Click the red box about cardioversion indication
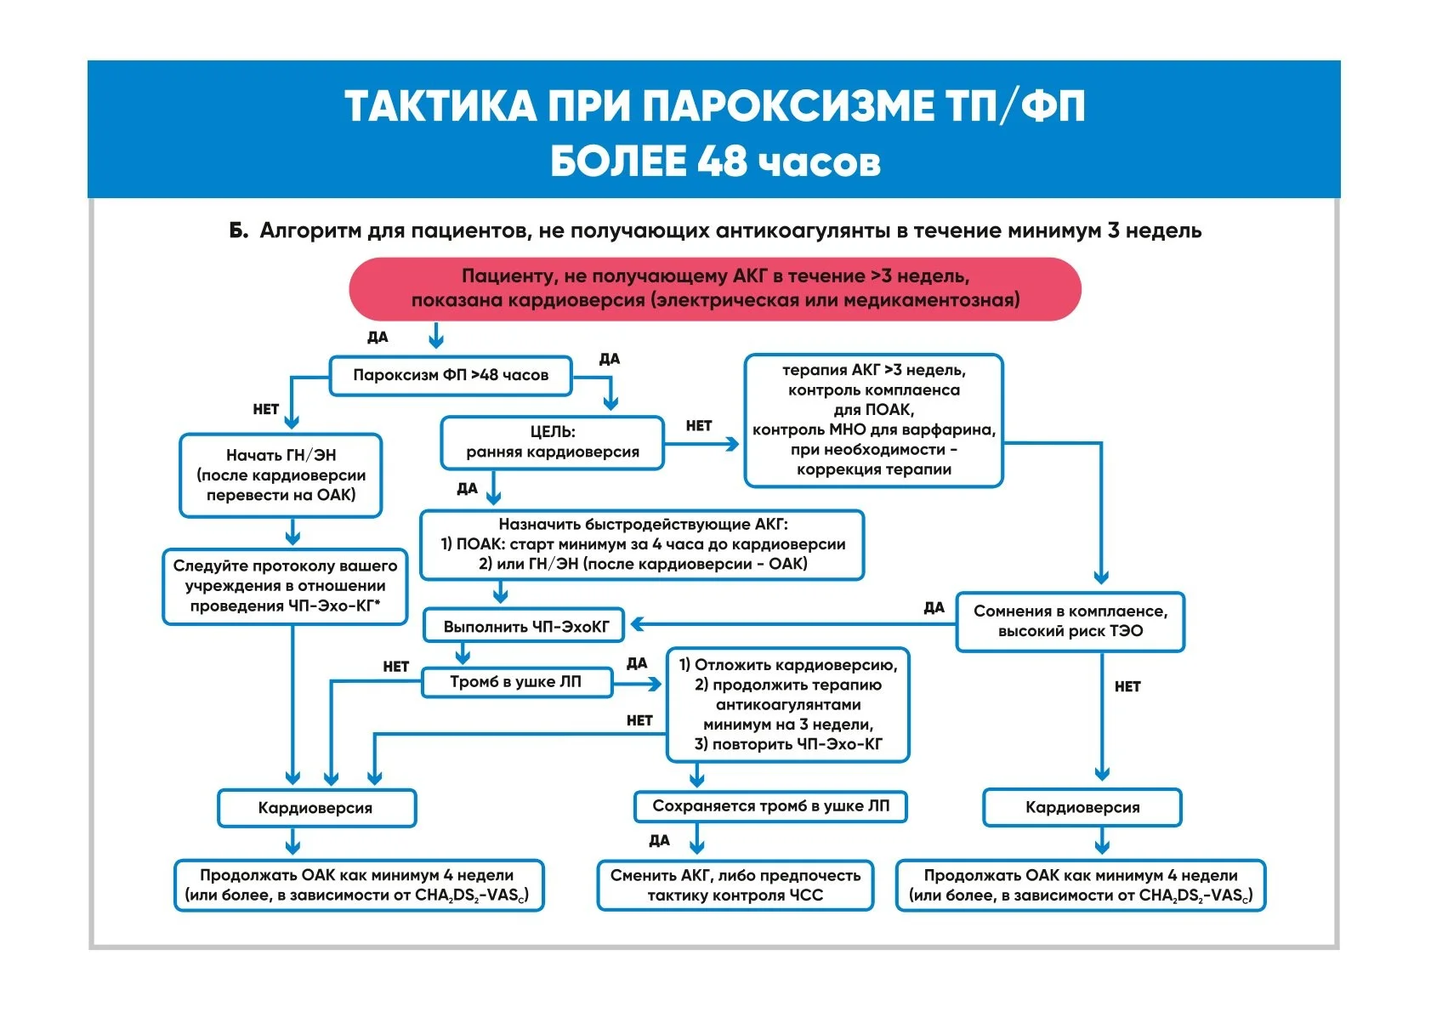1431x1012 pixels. pyautogui.click(x=714, y=288)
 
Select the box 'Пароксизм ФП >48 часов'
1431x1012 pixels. pyautogui.click(x=451, y=375)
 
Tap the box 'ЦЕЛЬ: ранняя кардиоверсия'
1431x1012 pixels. pyautogui.click(x=552, y=442)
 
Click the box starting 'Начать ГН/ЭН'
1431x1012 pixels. pyautogui.click(x=281, y=475)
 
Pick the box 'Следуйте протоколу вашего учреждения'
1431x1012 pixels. pyautogui.click(x=285, y=586)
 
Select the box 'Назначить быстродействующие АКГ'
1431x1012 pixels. pyautogui.click(x=642, y=544)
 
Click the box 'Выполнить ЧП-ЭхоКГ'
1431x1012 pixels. pyautogui.click(x=525, y=627)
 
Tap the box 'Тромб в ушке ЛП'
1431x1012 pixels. pyautogui.click(x=516, y=682)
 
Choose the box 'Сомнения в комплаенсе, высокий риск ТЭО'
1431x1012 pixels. pyautogui.click(x=1070, y=622)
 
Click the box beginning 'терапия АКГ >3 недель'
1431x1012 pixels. pyautogui.click(x=873, y=420)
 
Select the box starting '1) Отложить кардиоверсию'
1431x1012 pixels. pyautogui.click(x=787, y=705)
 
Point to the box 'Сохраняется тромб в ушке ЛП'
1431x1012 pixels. pyautogui.click(x=770, y=806)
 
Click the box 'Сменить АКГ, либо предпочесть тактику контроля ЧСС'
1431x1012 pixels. pyautogui.click(x=735, y=885)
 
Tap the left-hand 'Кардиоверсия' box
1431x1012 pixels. pyautogui.click(x=315, y=808)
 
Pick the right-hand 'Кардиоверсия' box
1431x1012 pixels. pyautogui.click(x=1082, y=807)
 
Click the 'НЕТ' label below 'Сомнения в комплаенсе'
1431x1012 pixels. pyautogui.click(x=1127, y=686)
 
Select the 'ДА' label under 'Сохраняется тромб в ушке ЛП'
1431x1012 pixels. pyautogui.click(x=659, y=840)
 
